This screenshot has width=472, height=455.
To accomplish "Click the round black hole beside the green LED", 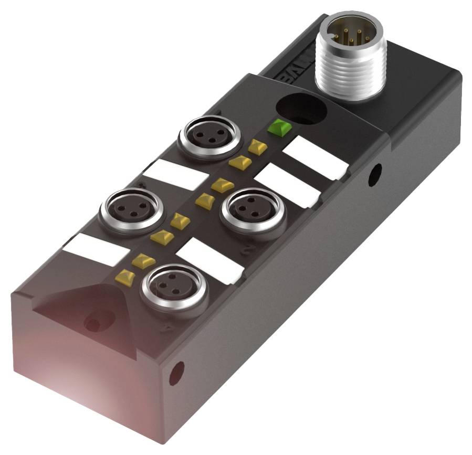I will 300,109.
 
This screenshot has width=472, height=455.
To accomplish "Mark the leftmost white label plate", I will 94,249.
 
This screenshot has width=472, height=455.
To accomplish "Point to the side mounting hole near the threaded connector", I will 375,175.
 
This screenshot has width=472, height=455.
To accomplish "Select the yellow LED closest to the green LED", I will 257,147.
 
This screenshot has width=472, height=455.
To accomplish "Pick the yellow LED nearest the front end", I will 125,276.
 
